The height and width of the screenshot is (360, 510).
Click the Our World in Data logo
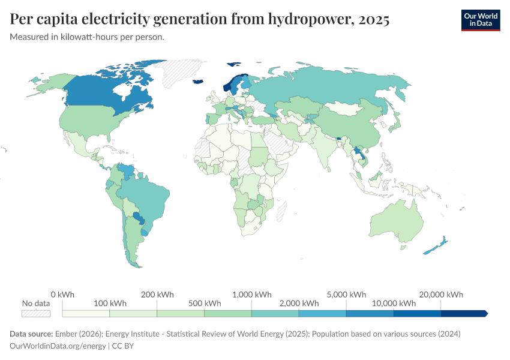(x=480, y=20)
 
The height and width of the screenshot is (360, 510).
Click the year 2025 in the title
(x=373, y=20)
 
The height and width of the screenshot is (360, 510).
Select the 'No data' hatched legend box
(x=36, y=313)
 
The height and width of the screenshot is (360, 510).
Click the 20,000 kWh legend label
(x=441, y=295)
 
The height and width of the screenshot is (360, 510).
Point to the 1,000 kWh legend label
(x=251, y=295)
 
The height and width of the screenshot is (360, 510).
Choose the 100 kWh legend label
(x=109, y=303)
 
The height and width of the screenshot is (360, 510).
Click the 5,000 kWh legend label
(x=346, y=295)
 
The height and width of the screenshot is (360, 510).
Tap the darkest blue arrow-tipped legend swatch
(x=464, y=313)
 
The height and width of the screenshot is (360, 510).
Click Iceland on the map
(x=199, y=83)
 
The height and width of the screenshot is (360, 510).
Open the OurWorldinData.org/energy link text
(x=58, y=346)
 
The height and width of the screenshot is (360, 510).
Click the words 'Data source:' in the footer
(x=31, y=334)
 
